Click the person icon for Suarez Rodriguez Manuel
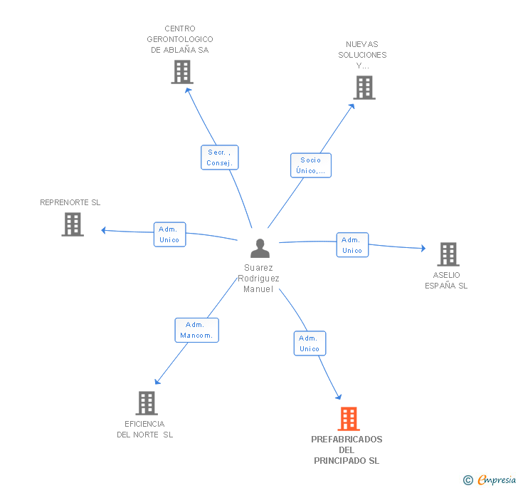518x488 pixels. [260, 248]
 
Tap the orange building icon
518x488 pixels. [349, 418]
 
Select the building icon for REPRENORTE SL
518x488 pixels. [73, 224]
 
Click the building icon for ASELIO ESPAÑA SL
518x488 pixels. [448, 254]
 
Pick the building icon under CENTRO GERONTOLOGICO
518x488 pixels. [182, 72]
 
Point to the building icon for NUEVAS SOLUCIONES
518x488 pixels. [364, 88]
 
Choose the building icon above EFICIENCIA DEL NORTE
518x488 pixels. [147, 403]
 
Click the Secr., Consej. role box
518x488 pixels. [220, 157]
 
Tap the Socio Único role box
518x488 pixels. [311, 165]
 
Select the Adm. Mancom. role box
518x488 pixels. [197, 330]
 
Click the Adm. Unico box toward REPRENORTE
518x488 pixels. [170, 234]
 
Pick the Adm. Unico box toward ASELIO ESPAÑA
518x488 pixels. [352, 245]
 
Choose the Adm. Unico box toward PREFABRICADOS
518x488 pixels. [310, 343]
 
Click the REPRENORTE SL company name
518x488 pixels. [70, 202]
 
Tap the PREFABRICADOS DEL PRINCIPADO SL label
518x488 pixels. [347, 450]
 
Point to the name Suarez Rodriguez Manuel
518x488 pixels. [258, 279]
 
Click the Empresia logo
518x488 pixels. [490, 479]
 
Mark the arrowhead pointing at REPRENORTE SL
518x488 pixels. [103, 230]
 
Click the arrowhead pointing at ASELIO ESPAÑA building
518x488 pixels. [423, 248]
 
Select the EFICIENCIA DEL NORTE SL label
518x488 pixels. [144, 429]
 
